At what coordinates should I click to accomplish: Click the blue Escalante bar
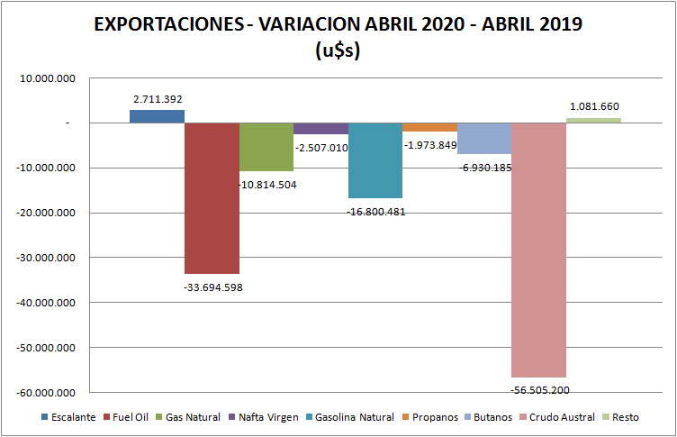(x=157, y=116)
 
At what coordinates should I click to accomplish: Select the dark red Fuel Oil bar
(x=212, y=198)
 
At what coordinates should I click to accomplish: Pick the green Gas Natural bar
(x=266, y=147)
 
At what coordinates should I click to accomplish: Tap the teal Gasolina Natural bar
(x=375, y=160)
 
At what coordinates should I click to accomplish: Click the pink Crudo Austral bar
(x=538, y=250)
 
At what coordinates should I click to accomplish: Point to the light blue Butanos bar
(x=484, y=138)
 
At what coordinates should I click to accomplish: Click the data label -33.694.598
(x=212, y=287)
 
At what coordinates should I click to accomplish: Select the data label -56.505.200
(x=539, y=390)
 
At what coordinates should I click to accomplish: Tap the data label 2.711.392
(x=158, y=99)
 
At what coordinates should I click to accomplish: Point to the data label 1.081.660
(x=594, y=106)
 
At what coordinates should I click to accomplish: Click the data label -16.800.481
(x=375, y=212)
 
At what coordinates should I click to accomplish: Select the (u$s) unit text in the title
(x=338, y=51)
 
